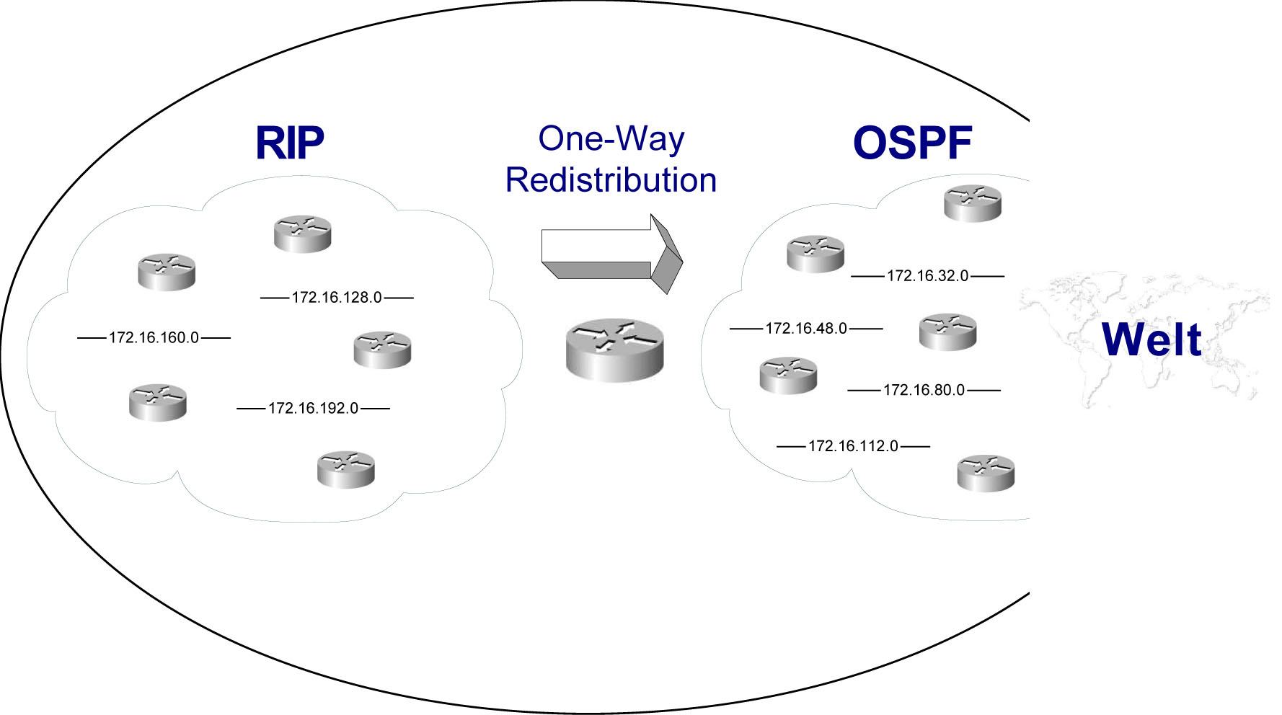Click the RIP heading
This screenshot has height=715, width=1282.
click(290, 143)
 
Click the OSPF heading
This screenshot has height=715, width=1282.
click(912, 143)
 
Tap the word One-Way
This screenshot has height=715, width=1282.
click(611, 138)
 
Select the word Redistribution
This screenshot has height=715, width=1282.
click(611, 180)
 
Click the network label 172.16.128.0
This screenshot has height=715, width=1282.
click(337, 298)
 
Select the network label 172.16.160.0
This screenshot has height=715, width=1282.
click(154, 337)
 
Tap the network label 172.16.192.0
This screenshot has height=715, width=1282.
click(313, 409)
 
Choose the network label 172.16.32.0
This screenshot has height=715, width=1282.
click(927, 276)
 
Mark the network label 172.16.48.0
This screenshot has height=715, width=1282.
click(806, 329)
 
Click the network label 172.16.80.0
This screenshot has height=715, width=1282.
click(924, 390)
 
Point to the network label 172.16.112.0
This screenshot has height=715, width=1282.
click(853, 446)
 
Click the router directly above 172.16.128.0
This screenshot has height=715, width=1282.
click(303, 234)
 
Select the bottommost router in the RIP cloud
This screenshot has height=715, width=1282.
click(346, 470)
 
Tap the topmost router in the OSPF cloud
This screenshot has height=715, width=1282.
click(973, 203)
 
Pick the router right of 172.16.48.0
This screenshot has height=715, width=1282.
click(947, 332)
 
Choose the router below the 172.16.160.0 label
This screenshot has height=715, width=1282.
click(158, 403)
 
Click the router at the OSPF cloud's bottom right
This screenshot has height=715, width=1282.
click(986, 474)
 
